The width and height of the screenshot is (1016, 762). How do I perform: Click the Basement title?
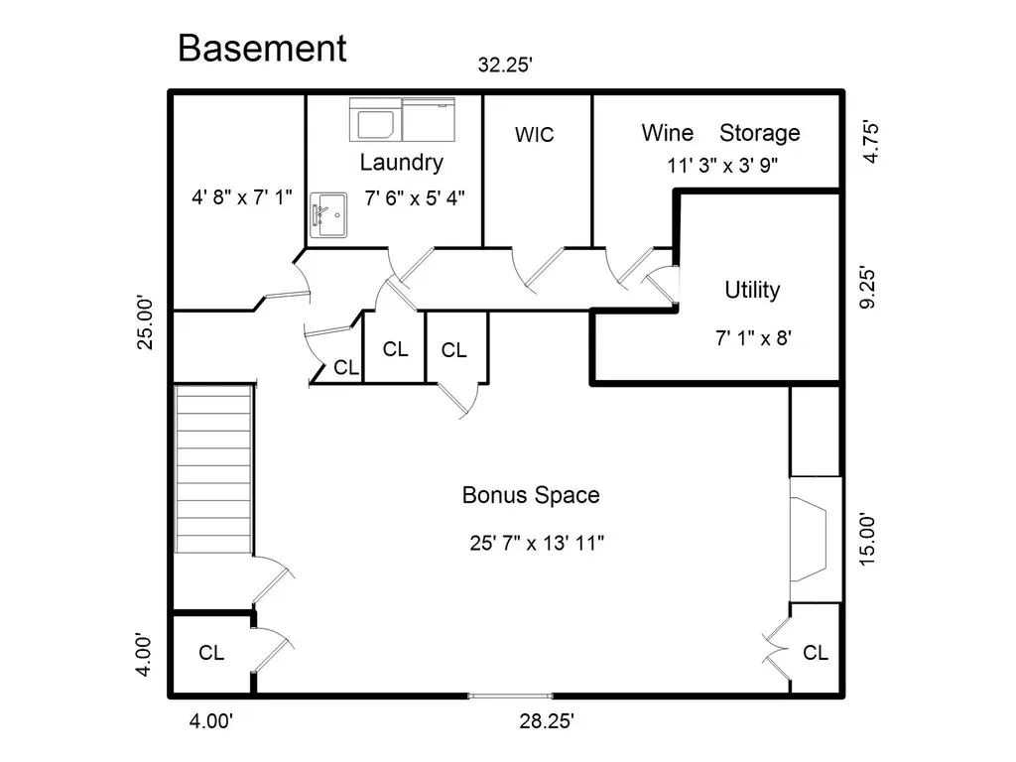point(262,48)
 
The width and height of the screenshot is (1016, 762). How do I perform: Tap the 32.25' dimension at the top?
point(505,64)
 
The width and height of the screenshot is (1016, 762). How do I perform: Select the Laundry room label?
point(401,163)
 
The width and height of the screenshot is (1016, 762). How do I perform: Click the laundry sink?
point(328,215)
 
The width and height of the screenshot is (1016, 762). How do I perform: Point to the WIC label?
point(535,135)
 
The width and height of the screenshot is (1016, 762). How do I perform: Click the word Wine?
point(668,133)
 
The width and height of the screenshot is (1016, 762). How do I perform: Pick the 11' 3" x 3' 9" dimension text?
point(722,166)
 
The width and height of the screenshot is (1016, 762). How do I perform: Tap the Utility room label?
point(752,290)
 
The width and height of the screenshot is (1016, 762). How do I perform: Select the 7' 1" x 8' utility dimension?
point(754,337)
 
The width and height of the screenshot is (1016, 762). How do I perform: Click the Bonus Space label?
point(531,496)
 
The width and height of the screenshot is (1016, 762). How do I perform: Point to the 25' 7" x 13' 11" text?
point(537,543)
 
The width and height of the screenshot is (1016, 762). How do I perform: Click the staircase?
point(213,469)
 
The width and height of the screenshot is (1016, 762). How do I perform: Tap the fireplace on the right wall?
point(816,540)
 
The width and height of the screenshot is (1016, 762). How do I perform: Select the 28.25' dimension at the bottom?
point(547,720)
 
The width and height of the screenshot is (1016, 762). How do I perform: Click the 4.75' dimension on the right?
point(870,142)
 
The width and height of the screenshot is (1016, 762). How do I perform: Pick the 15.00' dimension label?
point(867,541)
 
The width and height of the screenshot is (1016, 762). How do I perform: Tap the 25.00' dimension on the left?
point(145,322)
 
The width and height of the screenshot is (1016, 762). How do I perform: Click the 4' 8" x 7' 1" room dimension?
point(242,197)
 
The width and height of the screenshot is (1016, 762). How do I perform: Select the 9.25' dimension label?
point(867,287)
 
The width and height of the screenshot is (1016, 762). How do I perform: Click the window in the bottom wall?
point(510,696)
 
